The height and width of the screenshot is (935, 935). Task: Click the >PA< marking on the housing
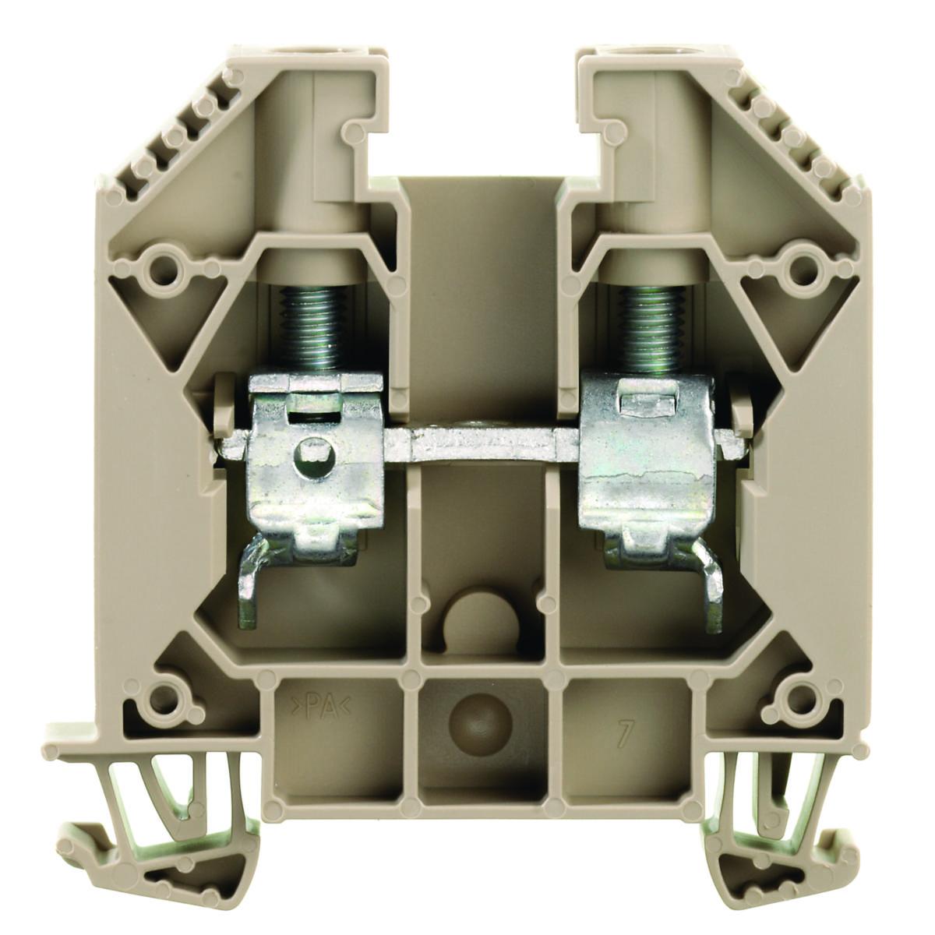pos(319,705)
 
